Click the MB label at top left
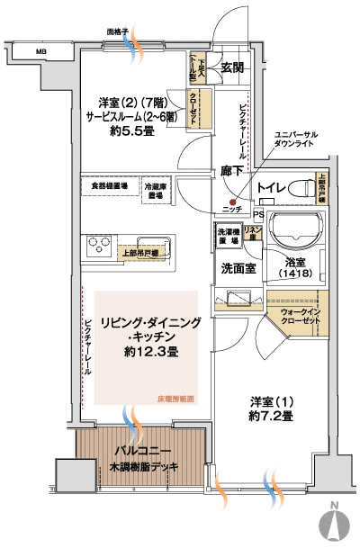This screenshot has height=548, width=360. click(40, 52)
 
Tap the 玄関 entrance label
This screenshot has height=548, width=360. click(232, 67)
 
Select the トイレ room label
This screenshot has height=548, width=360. click(271, 186)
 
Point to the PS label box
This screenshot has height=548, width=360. click(258, 215)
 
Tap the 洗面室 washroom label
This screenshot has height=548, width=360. click(236, 268)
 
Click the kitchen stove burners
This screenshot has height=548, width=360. click(98, 246)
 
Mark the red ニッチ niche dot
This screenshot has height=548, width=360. click(231, 201)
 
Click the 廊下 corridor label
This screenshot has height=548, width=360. click(232, 171)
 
